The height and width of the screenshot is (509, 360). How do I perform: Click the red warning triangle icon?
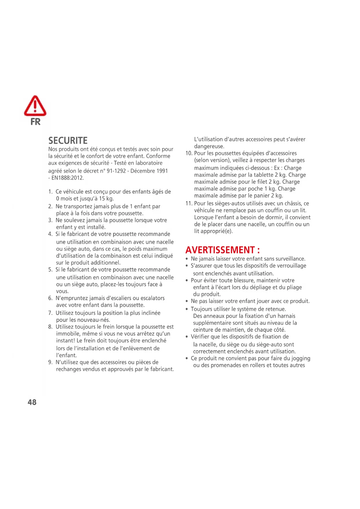35,106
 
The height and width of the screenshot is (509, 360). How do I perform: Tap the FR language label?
35,122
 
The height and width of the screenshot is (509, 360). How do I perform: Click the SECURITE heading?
68,141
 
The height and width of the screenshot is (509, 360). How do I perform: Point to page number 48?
32,402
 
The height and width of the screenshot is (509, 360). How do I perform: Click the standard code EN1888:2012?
68,178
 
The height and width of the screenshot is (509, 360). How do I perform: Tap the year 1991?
162,171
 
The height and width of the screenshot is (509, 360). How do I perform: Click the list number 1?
50,192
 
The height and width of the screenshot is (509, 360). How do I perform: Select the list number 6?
50,298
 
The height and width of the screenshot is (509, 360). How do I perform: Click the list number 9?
50,362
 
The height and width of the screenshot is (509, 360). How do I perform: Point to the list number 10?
189,153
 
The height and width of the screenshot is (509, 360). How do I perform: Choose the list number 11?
189,203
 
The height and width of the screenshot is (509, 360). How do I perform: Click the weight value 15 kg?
106,199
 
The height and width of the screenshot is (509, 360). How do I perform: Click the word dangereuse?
209,147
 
